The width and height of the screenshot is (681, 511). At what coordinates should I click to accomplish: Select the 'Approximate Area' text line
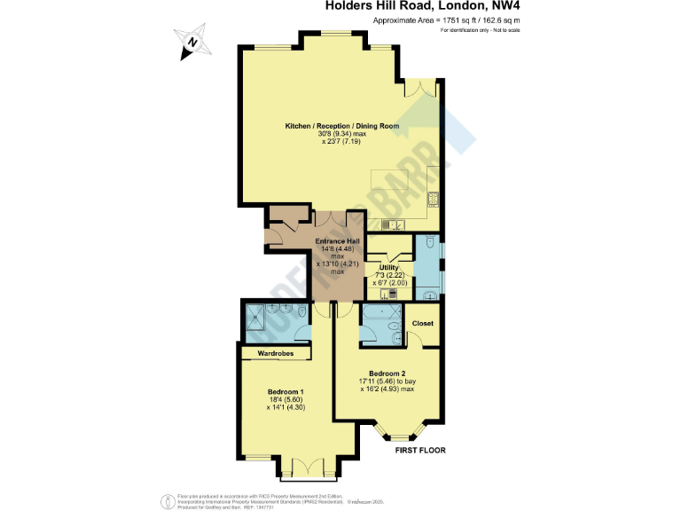coord(446,20)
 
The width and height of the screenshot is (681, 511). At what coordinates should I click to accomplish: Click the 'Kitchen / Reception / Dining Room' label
coord(341,127)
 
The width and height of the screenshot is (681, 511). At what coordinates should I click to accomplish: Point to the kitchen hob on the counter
coord(434,198)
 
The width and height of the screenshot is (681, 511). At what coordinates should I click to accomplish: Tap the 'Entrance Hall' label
coord(337,240)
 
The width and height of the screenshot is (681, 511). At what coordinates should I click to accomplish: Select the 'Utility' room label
coord(389,268)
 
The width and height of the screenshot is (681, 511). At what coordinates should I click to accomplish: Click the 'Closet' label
coord(423,323)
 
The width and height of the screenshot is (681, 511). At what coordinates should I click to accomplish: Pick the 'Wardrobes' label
coord(275,353)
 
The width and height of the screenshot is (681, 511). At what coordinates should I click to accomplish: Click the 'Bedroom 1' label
coord(286,392)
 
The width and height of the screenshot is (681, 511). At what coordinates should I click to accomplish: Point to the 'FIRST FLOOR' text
coord(420,451)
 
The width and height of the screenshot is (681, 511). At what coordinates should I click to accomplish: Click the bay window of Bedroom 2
coord(401,435)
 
